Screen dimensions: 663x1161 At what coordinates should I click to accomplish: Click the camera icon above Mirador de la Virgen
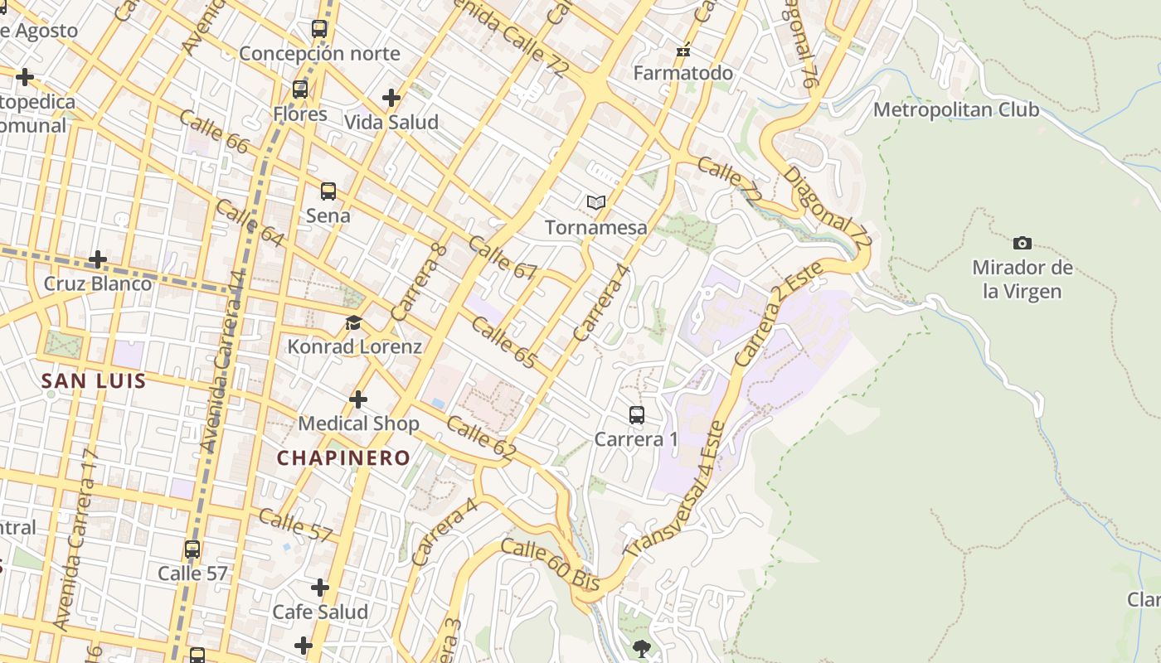pyautogui.click(x=1023, y=243)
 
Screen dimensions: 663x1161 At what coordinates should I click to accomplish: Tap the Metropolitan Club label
pyautogui.click(x=955, y=109)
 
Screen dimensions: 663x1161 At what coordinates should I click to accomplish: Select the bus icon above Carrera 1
pyautogui.click(x=636, y=414)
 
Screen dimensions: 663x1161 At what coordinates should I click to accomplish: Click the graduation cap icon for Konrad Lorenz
pyautogui.click(x=354, y=322)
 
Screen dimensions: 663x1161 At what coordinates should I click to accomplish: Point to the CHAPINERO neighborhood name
pyautogui.click(x=343, y=457)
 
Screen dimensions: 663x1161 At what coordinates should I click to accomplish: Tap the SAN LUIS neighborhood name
pyautogui.click(x=94, y=381)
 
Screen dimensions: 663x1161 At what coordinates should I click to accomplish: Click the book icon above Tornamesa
pyautogui.click(x=595, y=202)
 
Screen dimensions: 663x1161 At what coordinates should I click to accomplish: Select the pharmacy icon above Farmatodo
pyautogui.click(x=683, y=50)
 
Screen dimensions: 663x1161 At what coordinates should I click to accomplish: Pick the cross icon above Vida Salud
pyautogui.click(x=391, y=98)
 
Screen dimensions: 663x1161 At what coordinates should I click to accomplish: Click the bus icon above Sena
pyautogui.click(x=328, y=191)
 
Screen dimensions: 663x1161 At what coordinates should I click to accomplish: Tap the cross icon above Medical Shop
pyautogui.click(x=358, y=399)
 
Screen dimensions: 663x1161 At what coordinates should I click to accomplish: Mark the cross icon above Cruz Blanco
pyautogui.click(x=98, y=259)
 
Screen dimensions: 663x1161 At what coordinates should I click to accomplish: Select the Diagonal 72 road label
pyautogui.click(x=828, y=208)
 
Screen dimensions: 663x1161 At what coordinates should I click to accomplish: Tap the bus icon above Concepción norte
pyautogui.click(x=319, y=29)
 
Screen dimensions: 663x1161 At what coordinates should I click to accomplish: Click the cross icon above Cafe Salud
pyautogui.click(x=320, y=588)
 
